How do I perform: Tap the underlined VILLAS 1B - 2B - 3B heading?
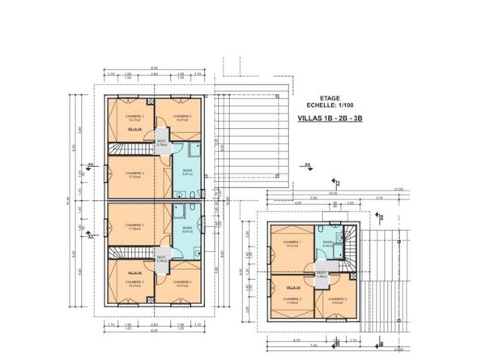325,118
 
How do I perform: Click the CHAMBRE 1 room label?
292,244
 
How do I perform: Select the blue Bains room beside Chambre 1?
327,244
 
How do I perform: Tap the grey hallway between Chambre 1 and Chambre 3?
321,275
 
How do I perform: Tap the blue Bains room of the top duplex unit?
186,171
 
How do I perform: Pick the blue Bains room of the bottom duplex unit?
186,229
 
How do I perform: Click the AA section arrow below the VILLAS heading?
308,165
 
